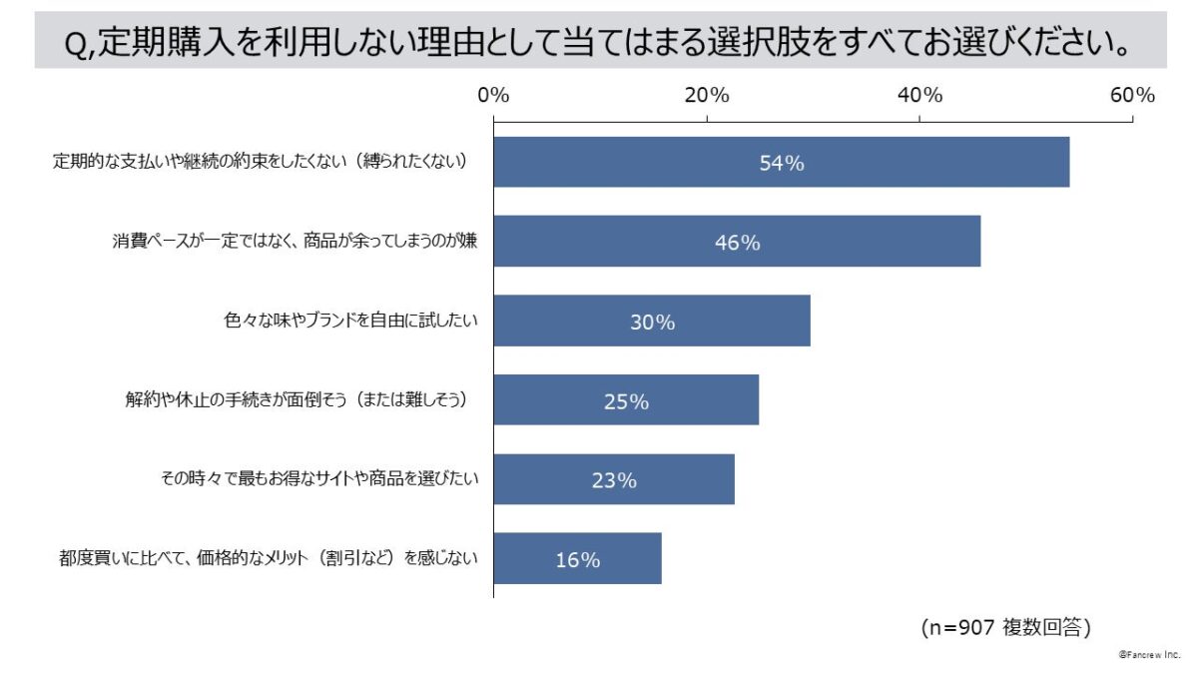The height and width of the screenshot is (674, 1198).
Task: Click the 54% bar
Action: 781,162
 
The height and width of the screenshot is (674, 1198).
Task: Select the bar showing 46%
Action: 737,242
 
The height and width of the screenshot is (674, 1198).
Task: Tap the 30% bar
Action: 652,321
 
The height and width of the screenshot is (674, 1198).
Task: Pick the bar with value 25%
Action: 626,400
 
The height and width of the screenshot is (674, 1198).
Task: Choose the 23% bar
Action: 614,479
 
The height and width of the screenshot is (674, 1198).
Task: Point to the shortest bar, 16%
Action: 577,559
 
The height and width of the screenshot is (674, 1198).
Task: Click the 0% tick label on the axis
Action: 493,96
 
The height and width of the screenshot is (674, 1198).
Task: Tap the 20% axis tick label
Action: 707,96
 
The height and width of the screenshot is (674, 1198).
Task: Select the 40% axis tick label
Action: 919,96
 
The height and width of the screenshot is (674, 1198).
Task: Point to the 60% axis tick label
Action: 1132,96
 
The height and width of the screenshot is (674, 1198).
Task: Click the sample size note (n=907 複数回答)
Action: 1004,627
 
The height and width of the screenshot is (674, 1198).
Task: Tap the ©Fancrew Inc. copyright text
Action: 1149,655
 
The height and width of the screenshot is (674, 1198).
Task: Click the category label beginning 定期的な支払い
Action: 260,162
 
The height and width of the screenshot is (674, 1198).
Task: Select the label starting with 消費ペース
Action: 295,242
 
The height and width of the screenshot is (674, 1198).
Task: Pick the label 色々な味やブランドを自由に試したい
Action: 351,321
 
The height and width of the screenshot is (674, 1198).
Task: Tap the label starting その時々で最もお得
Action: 319,479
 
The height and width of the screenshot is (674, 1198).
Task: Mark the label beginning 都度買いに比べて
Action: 268,559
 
